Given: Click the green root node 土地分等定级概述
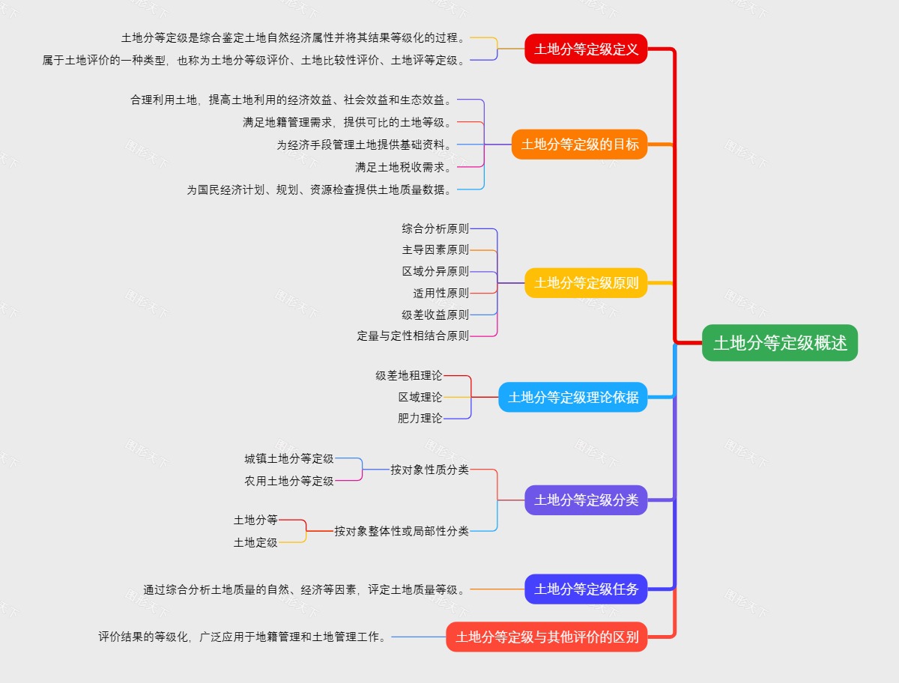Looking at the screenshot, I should tap(779, 343).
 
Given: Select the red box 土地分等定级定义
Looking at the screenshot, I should tap(586, 49).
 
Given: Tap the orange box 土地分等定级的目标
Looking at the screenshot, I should tap(579, 145).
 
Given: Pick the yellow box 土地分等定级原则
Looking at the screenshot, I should tap(586, 283).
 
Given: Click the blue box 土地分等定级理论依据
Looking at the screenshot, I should tap(573, 397).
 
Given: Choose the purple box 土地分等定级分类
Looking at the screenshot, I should tap(586, 500).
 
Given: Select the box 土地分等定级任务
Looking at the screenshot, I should tap(586, 589).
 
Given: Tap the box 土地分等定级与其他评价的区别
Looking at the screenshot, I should tap(547, 637).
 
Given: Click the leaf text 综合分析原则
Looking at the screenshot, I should tap(435, 228).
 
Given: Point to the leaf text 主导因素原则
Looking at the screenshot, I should tap(435, 250).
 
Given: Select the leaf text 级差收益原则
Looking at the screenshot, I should tap(435, 315).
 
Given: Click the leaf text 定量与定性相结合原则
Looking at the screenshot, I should tap(413, 336).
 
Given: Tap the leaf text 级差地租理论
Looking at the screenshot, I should tap(409, 375).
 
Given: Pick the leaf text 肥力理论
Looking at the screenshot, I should tap(420, 418).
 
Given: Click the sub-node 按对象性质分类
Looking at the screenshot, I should tap(429, 470).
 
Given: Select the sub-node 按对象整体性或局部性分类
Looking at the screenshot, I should tap(402, 531).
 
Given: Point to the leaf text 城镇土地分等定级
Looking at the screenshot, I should tap(289, 458).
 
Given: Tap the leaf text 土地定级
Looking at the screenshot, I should tap(255, 542).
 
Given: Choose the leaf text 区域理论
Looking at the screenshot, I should tap(420, 397).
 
